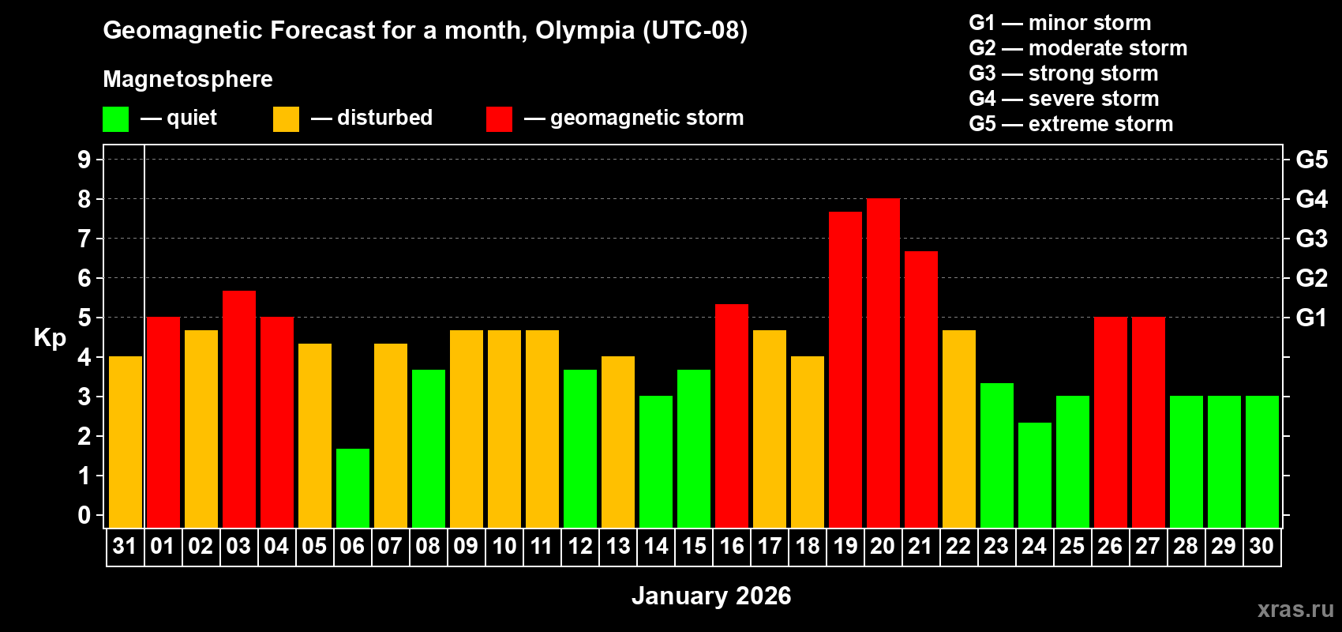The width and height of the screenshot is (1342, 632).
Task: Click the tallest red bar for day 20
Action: point(883,363)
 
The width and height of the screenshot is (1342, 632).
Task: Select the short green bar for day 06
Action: point(352,488)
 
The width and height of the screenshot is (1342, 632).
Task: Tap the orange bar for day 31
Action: point(125,442)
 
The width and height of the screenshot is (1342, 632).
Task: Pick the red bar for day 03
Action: point(238,409)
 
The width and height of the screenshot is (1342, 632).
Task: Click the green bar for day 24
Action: point(1034,476)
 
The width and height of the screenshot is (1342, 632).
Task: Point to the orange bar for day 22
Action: point(958,429)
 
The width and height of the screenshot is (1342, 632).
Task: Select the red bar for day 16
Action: point(731,416)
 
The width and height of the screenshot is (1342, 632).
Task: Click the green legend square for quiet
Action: point(115,119)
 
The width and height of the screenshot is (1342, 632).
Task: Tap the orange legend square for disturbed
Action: point(286,119)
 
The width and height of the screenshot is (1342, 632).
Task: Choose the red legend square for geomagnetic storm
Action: point(499,119)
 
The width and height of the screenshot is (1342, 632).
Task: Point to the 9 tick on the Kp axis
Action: point(84,160)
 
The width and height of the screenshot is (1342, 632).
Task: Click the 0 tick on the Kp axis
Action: point(84,516)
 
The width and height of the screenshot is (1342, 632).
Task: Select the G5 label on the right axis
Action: point(1311,160)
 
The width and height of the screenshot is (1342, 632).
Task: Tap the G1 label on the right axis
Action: point(1311,318)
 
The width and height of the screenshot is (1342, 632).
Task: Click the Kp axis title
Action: point(50,338)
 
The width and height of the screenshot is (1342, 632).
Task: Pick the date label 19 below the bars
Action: point(845,546)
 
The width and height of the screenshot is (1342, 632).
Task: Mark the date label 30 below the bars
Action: point(1261,546)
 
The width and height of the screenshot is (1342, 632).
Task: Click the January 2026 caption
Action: point(711,596)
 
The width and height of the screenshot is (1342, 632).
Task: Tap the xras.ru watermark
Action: point(1295,609)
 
